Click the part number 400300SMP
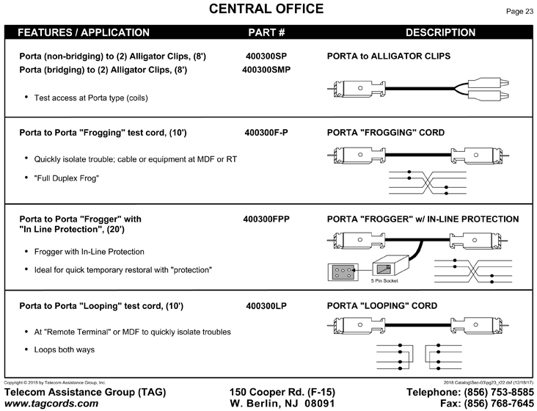click(266, 70)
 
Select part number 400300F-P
click(266, 133)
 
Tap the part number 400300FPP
click(266, 219)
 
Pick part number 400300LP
click(266, 306)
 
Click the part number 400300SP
click(266, 56)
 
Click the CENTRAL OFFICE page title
click(266, 9)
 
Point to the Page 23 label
click(519, 11)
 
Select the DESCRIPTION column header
click(440, 32)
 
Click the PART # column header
click(266, 32)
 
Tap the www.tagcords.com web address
click(51, 403)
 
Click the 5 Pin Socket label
click(384, 281)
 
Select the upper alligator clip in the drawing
click(488, 83)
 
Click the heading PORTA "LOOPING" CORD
click(382, 306)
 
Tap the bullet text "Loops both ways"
click(64, 349)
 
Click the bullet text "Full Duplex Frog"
click(67, 178)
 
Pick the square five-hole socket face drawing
click(343, 272)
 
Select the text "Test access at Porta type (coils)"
click(91, 98)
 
